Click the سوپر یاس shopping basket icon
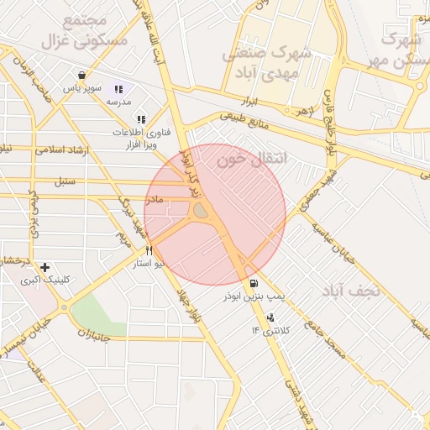pos(80,75)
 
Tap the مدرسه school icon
pos(118,89)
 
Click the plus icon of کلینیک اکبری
pos(45,267)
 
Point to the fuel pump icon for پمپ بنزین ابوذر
pos(254,283)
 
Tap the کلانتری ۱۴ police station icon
pos(270,317)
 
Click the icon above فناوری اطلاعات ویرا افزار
pos(140,120)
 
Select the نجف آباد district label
pos(351,291)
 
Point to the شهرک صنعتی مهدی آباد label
pos(266,63)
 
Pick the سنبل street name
pos(63,181)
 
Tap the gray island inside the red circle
pos(202,215)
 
